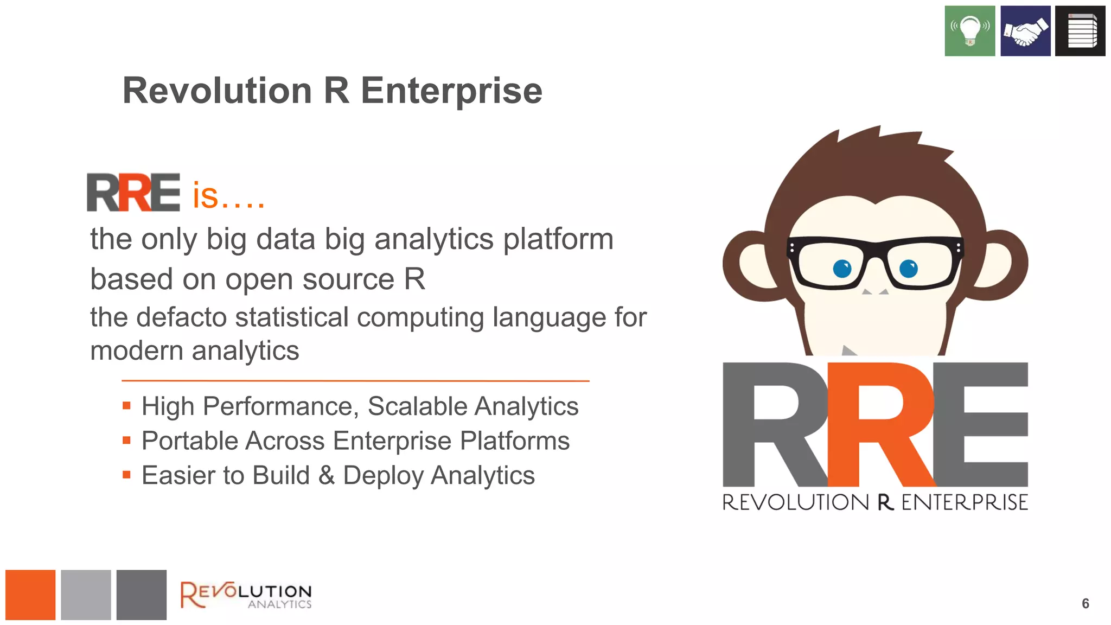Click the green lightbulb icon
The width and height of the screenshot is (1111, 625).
point(969,31)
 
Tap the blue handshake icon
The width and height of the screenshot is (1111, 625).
point(1025,31)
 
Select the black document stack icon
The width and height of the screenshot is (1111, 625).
point(1080,31)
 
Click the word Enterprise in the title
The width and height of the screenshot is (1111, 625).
point(451,91)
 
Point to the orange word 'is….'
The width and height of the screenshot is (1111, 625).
point(228,196)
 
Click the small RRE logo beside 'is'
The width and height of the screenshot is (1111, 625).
point(133,193)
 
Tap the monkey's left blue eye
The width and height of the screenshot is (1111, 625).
point(842,268)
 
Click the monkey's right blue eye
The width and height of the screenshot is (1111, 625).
point(909,268)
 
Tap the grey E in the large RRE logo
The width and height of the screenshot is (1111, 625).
point(982,425)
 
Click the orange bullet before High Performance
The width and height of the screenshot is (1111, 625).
point(127,406)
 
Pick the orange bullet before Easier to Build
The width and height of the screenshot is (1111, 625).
point(127,475)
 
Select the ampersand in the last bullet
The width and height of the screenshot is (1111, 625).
point(327,475)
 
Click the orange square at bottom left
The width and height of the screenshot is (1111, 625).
point(30,595)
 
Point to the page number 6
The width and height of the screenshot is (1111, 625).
point(1086,603)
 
